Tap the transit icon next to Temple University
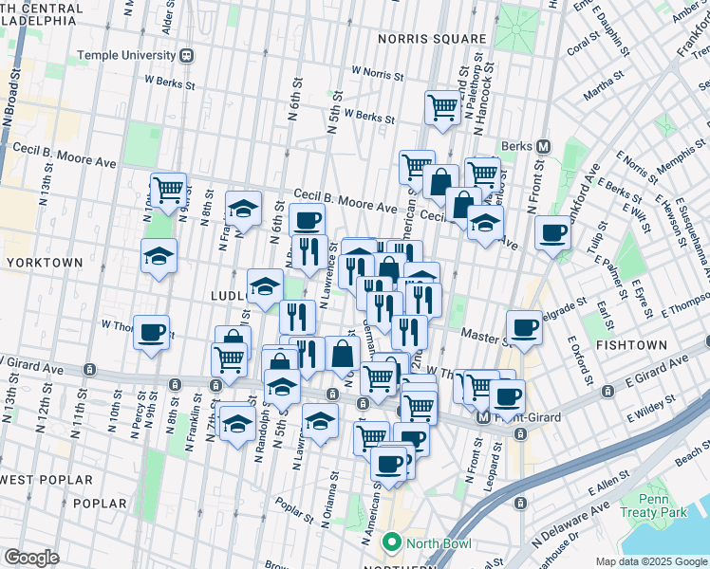(x=190, y=55)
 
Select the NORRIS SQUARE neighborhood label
(x=431, y=39)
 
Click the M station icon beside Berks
(x=544, y=147)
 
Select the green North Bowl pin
(x=388, y=542)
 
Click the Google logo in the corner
(x=31, y=557)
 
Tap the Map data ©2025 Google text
(x=650, y=561)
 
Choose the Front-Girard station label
(x=526, y=417)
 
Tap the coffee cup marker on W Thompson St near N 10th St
(x=151, y=332)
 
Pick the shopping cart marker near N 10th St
(x=168, y=189)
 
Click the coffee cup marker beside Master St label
(x=523, y=327)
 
